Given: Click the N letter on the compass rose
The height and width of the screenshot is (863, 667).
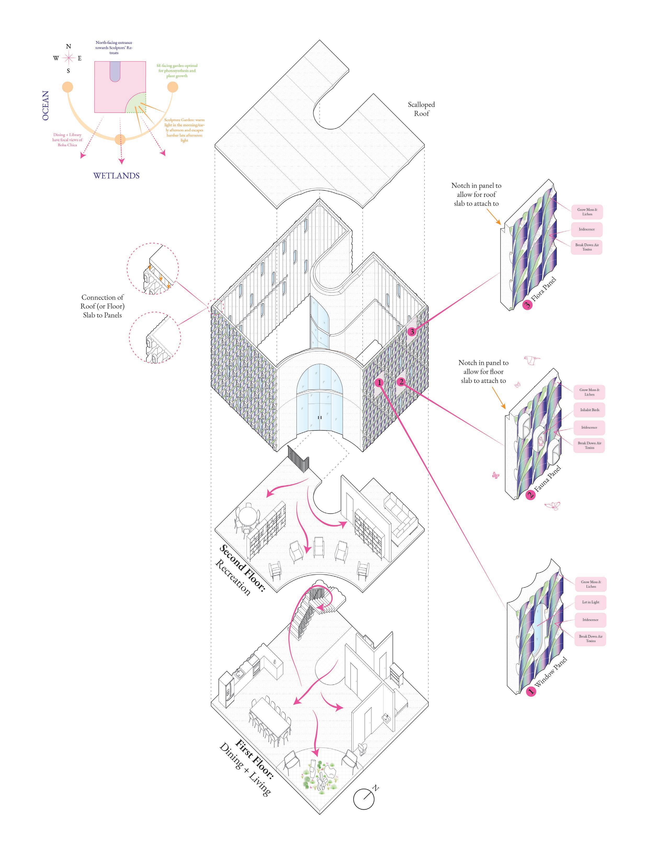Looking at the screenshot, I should coord(68,47).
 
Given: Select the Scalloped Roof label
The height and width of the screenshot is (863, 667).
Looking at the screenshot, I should coord(421,109).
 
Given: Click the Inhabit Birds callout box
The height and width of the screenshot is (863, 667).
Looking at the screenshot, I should coord(590,410).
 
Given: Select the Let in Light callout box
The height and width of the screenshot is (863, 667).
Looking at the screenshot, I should coord(590,602).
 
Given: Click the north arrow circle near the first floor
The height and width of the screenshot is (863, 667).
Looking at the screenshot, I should coord(364,799).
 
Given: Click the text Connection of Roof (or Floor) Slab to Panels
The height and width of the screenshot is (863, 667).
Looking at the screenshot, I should coord(103,306).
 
